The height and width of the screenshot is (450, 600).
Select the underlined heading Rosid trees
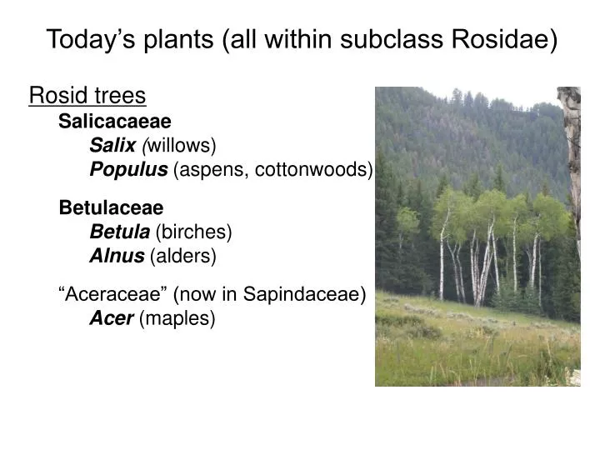[87, 97]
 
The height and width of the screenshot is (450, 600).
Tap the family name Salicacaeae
[115, 122]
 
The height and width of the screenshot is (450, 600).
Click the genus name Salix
[112, 146]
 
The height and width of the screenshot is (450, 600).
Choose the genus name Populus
[128, 170]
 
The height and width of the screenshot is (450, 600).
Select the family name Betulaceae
[111, 207]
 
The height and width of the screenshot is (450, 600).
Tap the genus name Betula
[119, 232]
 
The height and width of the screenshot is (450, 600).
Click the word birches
[193, 232]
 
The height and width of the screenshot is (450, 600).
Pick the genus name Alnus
[117, 256]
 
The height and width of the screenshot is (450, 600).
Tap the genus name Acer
[112, 318]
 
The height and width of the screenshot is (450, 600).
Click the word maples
[177, 318]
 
